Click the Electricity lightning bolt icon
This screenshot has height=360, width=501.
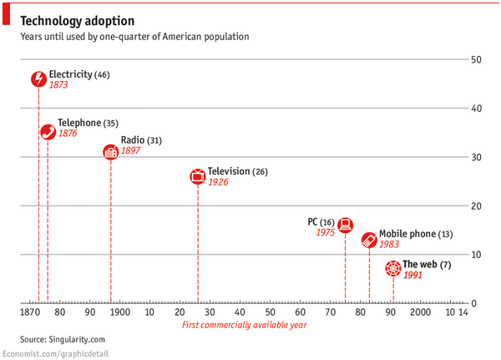tap(38, 79)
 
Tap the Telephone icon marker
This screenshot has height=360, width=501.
tap(48, 132)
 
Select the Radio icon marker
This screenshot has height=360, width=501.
tap(110, 152)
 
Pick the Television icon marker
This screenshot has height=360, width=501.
tap(197, 176)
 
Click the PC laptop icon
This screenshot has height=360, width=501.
tap(345, 225)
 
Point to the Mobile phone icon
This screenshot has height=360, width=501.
tap(369, 240)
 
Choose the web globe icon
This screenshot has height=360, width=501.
tap(393, 269)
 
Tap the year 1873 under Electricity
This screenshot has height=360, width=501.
tap(59, 86)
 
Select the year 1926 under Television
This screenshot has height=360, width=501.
tap(218, 182)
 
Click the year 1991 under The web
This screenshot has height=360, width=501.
tap(413, 275)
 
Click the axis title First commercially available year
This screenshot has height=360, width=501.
tap(244, 325)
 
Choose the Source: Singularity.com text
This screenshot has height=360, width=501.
tap(63, 339)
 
